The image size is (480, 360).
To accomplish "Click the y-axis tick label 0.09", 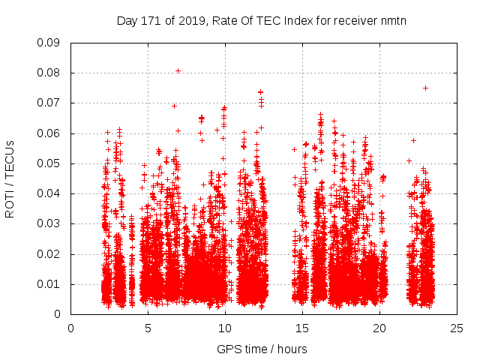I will tap(49, 43).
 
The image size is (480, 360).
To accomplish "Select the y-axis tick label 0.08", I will tap(49, 73).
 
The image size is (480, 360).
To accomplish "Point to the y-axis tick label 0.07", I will tap(49, 103).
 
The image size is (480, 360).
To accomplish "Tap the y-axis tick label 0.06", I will tap(49, 133).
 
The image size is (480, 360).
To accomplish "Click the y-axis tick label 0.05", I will tap(49, 163).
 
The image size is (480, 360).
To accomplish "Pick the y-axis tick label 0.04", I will tap(49, 193).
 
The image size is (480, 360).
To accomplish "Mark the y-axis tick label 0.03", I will tap(49, 223).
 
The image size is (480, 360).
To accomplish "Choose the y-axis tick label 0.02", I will tap(49, 254).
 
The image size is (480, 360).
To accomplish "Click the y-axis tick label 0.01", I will tap(49, 284).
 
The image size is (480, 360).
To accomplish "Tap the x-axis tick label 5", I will tap(148, 328).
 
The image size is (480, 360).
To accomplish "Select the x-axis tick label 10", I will tap(225, 328).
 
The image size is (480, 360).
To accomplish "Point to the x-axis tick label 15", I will tap(302, 328).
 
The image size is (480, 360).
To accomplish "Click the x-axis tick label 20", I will tap(379, 328).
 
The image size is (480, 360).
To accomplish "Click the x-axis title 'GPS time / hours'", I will tap(262, 349).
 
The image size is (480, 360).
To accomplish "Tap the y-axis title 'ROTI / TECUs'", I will tap(10, 178).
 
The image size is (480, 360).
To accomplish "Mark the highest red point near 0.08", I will tap(178, 70).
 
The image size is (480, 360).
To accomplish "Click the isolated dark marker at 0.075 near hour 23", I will tap(425, 88).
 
